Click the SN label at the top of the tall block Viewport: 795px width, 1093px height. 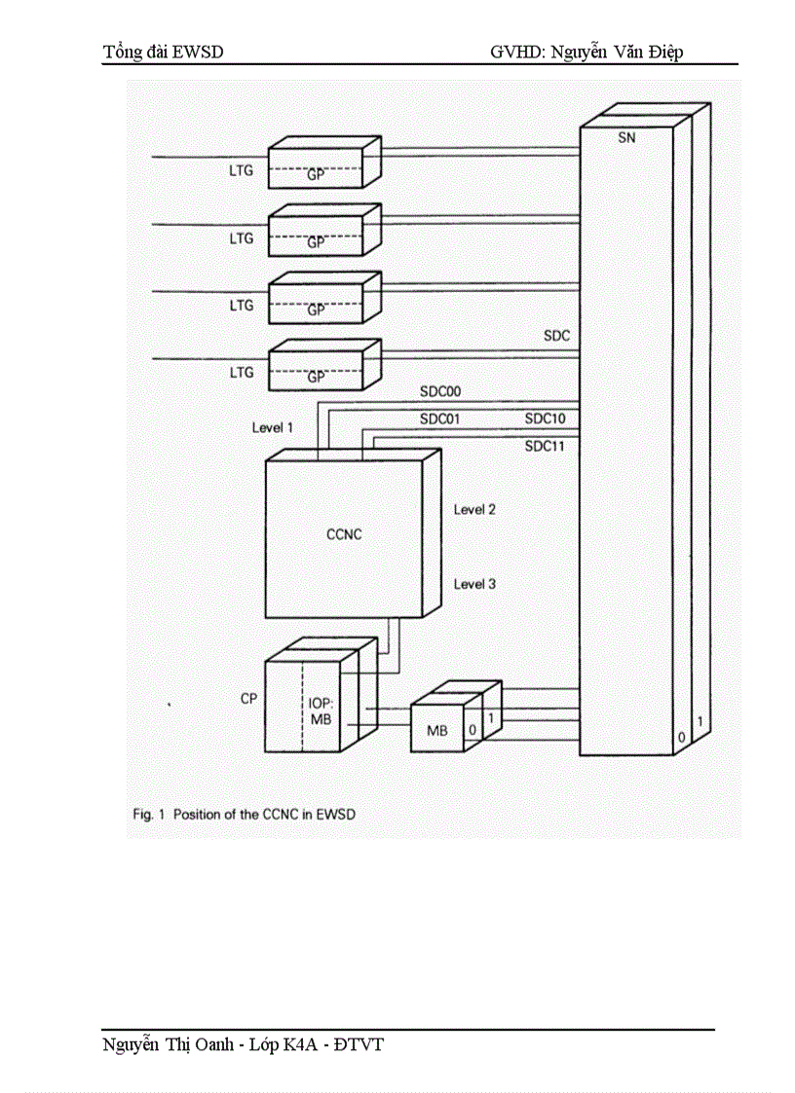click(626, 138)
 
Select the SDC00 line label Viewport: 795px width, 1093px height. click(440, 392)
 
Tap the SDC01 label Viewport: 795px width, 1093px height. click(440, 419)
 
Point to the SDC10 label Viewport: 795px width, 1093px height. click(546, 419)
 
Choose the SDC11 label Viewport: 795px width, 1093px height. click(546, 447)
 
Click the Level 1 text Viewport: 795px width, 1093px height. click(272, 427)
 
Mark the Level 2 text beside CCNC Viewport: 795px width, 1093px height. click(474, 510)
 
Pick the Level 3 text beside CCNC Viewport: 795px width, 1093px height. click(474, 584)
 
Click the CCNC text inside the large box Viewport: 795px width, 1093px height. click(344, 534)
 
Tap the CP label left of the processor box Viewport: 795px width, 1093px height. click(248, 699)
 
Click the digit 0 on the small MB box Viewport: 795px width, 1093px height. click(472, 729)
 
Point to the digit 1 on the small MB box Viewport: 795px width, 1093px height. click(491, 717)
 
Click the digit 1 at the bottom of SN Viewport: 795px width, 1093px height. click(700, 721)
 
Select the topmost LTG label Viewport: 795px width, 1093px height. click(241, 171)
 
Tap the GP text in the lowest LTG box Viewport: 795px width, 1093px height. click(316, 378)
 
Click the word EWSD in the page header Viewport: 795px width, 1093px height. click(199, 53)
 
